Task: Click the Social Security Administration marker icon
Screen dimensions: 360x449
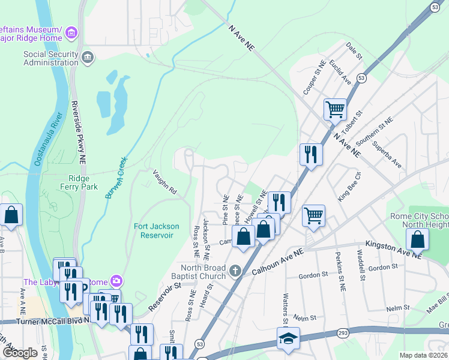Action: pyautogui.click(x=88, y=57)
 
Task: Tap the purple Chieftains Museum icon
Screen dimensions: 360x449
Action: pyautogui.click(x=71, y=31)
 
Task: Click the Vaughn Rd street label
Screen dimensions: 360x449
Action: pyautogui.click(x=163, y=182)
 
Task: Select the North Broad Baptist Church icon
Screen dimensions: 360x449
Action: pyautogui.click(x=235, y=271)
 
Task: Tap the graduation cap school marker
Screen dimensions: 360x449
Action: pyautogui.click(x=288, y=338)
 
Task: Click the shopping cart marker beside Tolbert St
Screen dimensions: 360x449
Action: pyautogui.click(x=335, y=109)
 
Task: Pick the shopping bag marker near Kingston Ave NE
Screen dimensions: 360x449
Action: pyautogui.click(x=418, y=239)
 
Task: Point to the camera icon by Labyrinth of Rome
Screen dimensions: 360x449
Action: pyautogui.click(x=116, y=281)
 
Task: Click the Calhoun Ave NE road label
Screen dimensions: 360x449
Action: pyautogui.click(x=278, y=259)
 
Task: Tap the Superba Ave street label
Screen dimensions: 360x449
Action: pyautogui.click(x=386, y=154)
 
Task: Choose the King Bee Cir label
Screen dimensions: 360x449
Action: pyautogui.click(x=349, y=186)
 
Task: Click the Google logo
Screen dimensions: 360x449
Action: pyautogui.click(x=20, y=353)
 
